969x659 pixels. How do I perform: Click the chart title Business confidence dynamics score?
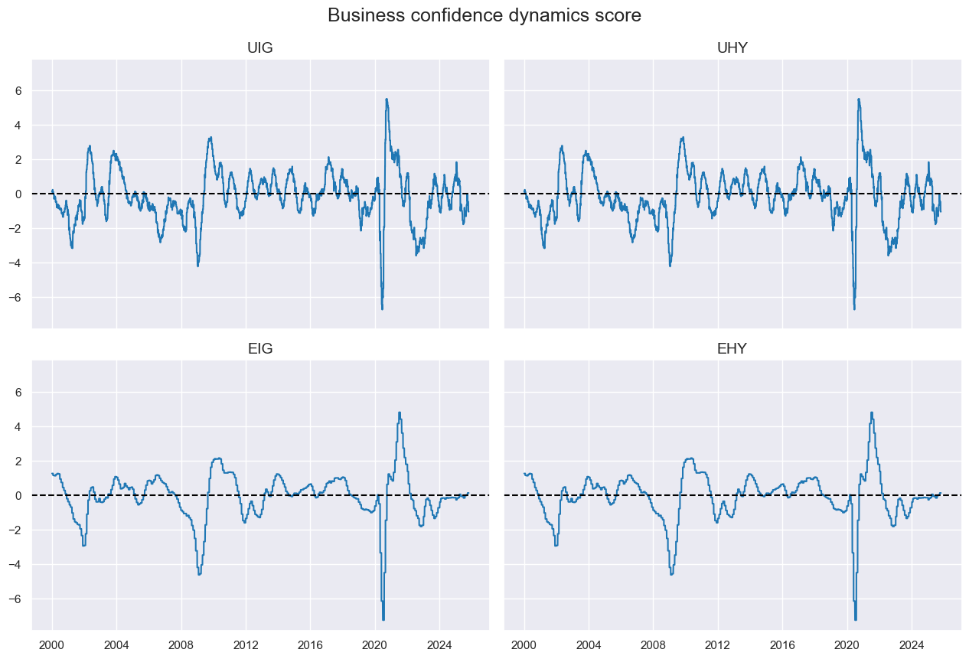pos(484,15)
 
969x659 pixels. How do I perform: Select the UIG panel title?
pos(260,47)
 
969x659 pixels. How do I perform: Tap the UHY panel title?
pos(732,47)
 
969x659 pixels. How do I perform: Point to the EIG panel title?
pos(260,349)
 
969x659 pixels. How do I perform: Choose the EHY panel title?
pos(732,349)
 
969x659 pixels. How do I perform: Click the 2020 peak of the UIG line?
pos(387,99)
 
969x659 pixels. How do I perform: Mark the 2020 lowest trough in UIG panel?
pos(382,308)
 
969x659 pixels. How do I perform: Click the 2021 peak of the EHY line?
pos(872,413)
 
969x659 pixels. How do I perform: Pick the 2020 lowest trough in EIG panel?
pos(383,619)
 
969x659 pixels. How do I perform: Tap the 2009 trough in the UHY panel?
pos(670,266)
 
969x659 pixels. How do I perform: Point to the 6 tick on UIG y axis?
pos(19,90)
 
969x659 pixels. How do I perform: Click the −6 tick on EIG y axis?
pos(17,599)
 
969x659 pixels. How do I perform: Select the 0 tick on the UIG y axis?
pos(19,194)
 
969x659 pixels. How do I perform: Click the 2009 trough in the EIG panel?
pos(199,573)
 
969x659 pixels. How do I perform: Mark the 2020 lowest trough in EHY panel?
pos(856,619)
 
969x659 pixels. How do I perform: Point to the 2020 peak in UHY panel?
pos(859,99)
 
